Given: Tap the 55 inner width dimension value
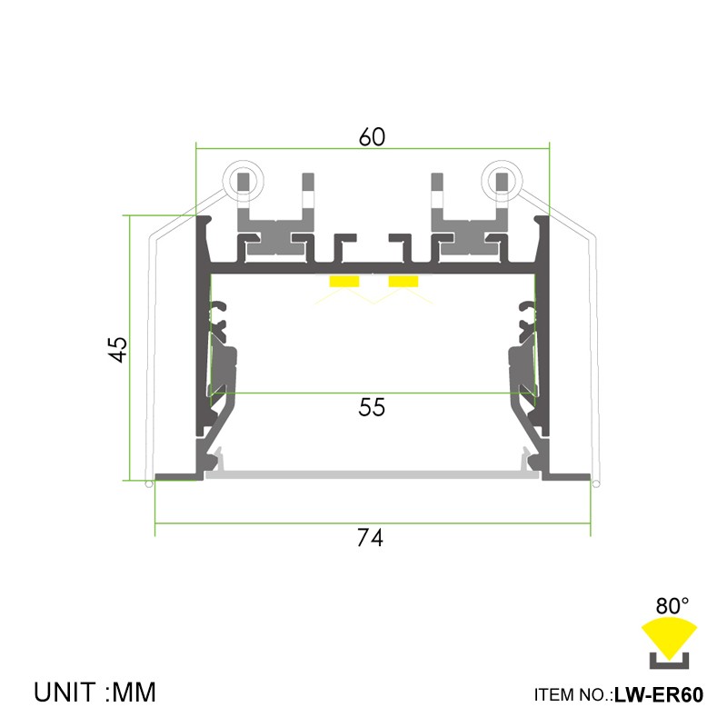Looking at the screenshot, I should click(372, 408).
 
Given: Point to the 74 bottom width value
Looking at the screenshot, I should click(370, 538).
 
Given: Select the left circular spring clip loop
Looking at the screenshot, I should click(244, 179).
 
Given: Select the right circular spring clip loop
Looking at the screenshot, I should click(501, 179).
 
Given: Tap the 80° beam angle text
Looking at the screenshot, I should click(672, 605).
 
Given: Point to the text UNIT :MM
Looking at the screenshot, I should click(95, 692).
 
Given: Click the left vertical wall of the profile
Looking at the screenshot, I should click(202, 345).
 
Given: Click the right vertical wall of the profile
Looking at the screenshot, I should click(543, 345).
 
